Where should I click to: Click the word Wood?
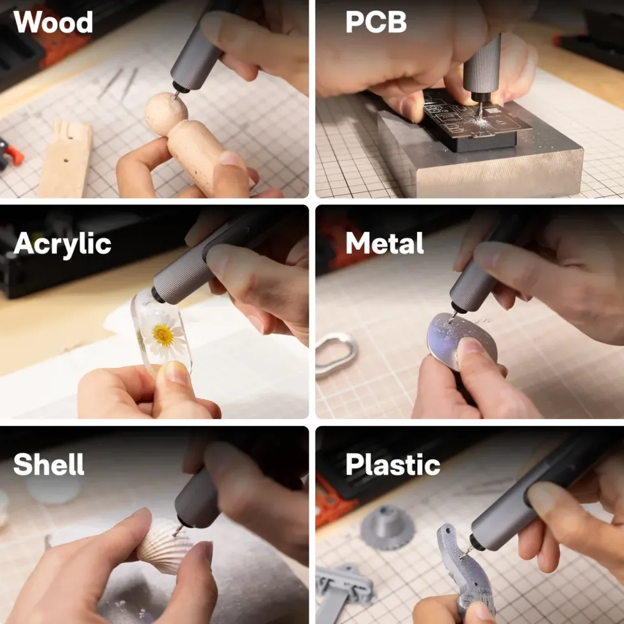coord(53,22)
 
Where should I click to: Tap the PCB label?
coord(376,22)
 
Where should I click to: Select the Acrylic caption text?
coord(62,244)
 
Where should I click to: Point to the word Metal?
coord(385,243)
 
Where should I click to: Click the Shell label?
coord(48,464)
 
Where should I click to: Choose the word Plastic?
coord(393,464)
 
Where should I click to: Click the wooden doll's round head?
coord(166,114)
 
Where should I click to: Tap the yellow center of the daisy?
coord(163,335)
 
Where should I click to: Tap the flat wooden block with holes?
coord(66,160)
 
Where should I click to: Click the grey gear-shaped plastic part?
coord(388,528)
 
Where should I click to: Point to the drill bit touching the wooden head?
coord(175,96)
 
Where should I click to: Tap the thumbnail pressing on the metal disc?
coord(471,346)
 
